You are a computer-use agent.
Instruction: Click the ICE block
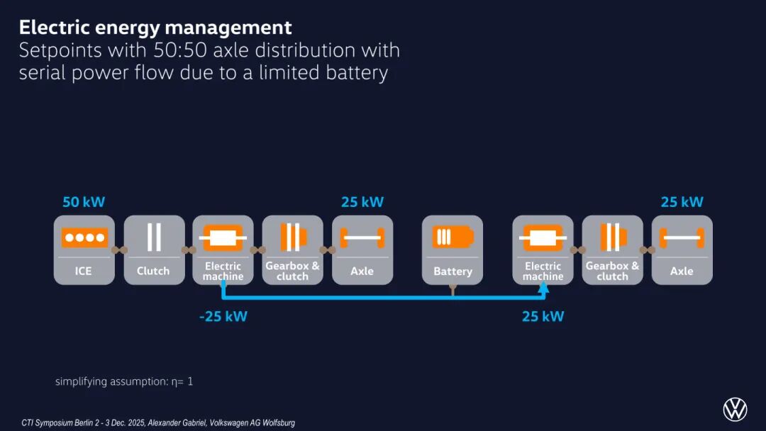84,250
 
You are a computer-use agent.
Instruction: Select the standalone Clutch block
154,250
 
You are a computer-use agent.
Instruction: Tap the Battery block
453,250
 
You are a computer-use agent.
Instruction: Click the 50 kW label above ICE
84,202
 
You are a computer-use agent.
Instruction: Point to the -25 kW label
223,316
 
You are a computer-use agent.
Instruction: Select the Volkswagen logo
735,409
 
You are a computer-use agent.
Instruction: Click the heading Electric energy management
155,28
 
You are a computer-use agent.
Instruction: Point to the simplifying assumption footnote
124,381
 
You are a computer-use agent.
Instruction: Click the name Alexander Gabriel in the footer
177,422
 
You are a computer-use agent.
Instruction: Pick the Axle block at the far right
682,250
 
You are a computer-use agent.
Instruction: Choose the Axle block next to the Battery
362,250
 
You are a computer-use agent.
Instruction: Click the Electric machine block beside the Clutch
223,250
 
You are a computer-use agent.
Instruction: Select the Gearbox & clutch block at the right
612,250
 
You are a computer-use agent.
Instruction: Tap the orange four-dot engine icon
84,237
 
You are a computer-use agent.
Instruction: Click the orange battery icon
453,237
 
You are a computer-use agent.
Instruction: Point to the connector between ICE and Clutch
119,250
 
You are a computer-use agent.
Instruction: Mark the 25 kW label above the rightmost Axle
682,202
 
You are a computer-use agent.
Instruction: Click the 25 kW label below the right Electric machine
543,316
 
